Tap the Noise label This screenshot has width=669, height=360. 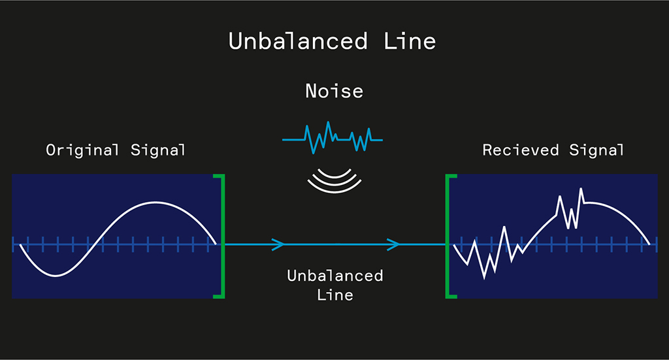[334, 91]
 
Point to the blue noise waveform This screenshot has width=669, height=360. [332, 137]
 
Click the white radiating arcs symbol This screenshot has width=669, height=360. [334, 181]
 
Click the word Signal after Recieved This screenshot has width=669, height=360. [596, 150]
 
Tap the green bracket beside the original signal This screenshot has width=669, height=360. [222, 237]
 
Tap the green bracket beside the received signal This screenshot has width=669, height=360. [449, 237]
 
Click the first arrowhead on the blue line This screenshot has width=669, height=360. [279, 245]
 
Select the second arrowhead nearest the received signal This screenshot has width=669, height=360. [394, 245]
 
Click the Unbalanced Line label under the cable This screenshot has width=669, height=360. [334, 285]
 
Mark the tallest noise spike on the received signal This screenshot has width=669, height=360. [581, 189]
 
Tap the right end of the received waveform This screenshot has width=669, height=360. [649, 244]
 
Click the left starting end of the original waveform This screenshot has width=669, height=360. [21, 245]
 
